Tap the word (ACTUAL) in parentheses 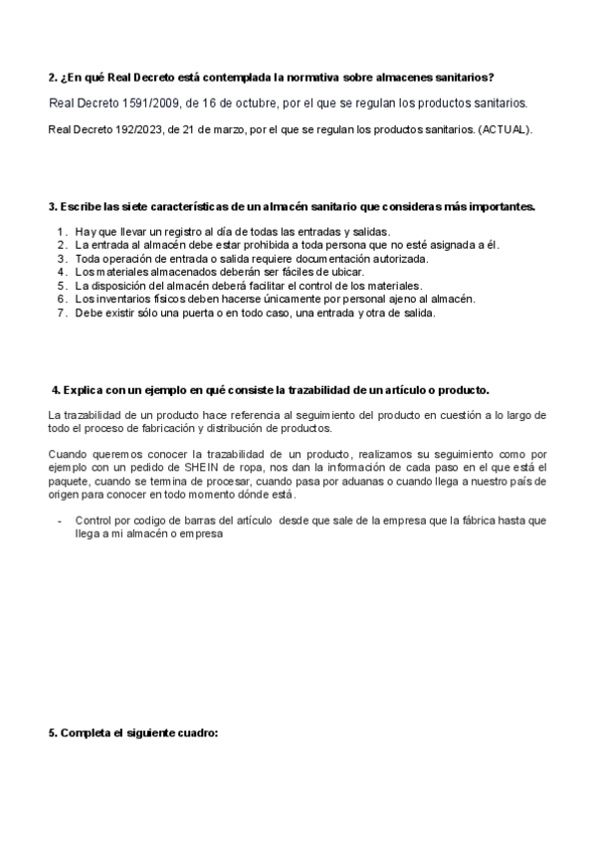(505, 129)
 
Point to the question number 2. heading (54, 77)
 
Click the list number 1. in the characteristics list (62, 232)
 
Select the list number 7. (62, 313)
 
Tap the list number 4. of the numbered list (62, 272)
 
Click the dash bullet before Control (62, 521)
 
